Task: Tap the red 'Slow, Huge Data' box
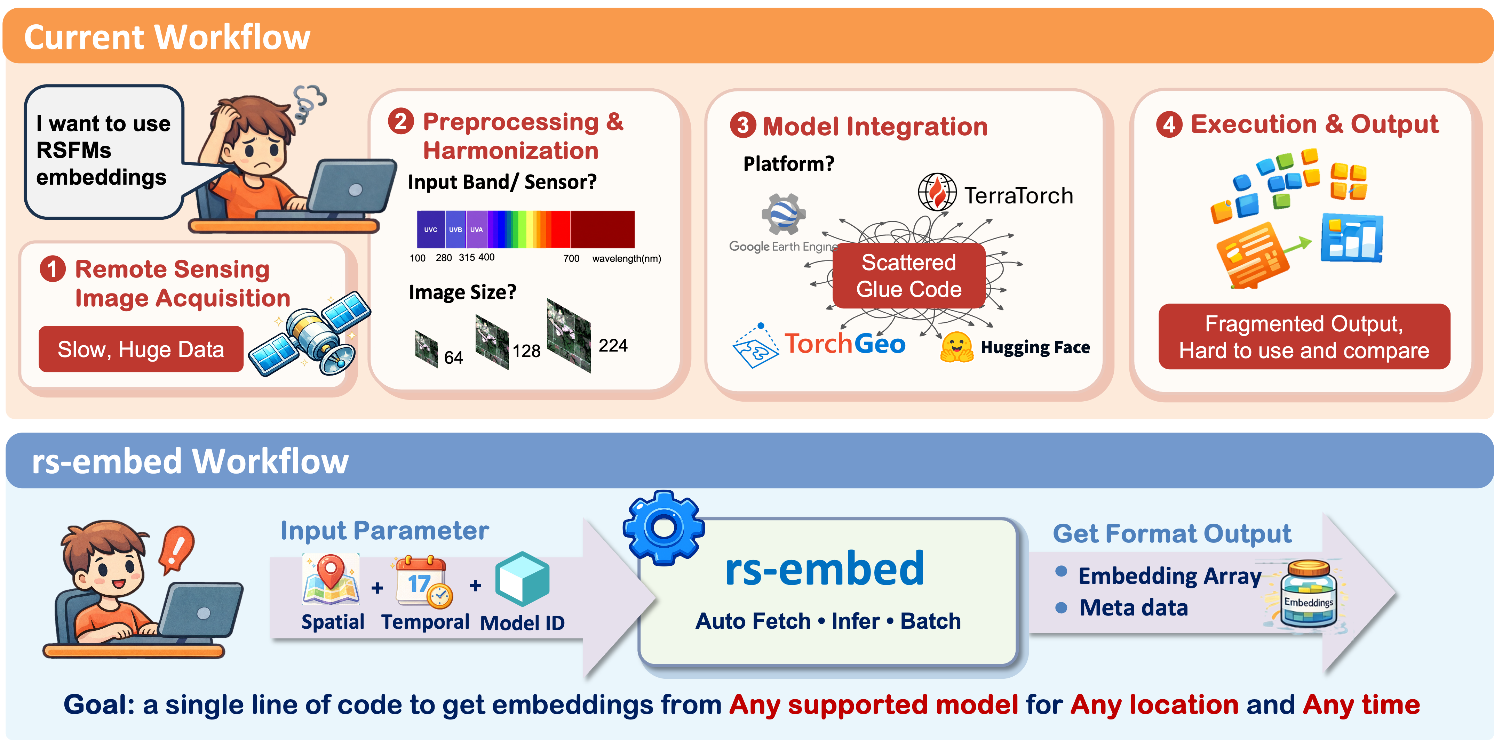[141, 349]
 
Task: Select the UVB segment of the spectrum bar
[455, 229]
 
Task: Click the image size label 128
[526, 351]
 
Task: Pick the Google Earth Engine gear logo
[784, 214]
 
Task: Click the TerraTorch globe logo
[937, 193]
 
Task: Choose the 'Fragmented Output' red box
[1304, 337]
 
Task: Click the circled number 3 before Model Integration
[743, 125]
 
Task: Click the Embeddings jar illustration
[1309, 594]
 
